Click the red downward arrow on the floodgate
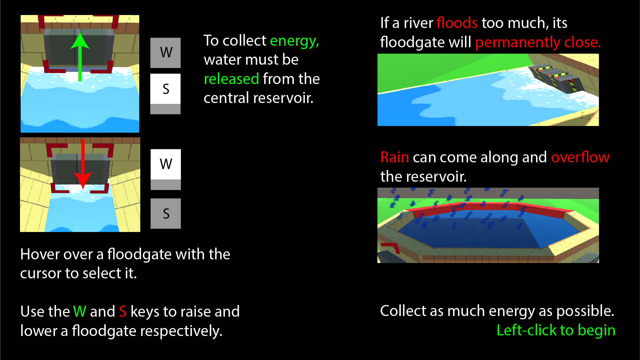point(83,167)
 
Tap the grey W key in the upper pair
point(166,53)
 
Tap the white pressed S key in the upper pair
point(166,89)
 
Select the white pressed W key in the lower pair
point(166,165)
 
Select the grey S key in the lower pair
point(166,213)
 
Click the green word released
point(231,79)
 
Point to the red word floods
point(457,23)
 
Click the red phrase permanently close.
point(538,43)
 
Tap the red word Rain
point(394,157)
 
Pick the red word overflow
point(580,157)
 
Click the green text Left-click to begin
point(556,330)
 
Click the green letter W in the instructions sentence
point(80,312)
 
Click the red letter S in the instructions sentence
point(123,312)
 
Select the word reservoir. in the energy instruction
point(283,98)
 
